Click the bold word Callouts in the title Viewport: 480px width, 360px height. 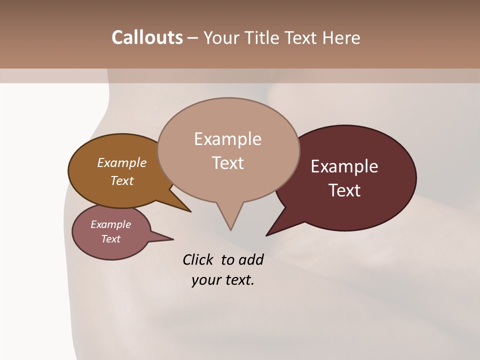click(147, 37)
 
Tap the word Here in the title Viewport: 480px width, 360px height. click(340, 37)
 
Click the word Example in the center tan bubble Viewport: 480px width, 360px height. click(227, 139)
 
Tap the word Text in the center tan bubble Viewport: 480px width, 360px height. click(227, 163)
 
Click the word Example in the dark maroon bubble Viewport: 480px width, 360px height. click(344, 166)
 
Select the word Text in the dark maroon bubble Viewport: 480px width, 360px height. click(344, 190)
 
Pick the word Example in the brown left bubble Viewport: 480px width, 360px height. click(122, 162)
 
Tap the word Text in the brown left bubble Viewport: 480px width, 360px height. click(122, 180)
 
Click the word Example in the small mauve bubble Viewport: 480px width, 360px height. click(110, 224)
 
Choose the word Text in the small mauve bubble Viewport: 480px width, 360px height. click(110, 238)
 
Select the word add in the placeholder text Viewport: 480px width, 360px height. click(250, 259)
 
